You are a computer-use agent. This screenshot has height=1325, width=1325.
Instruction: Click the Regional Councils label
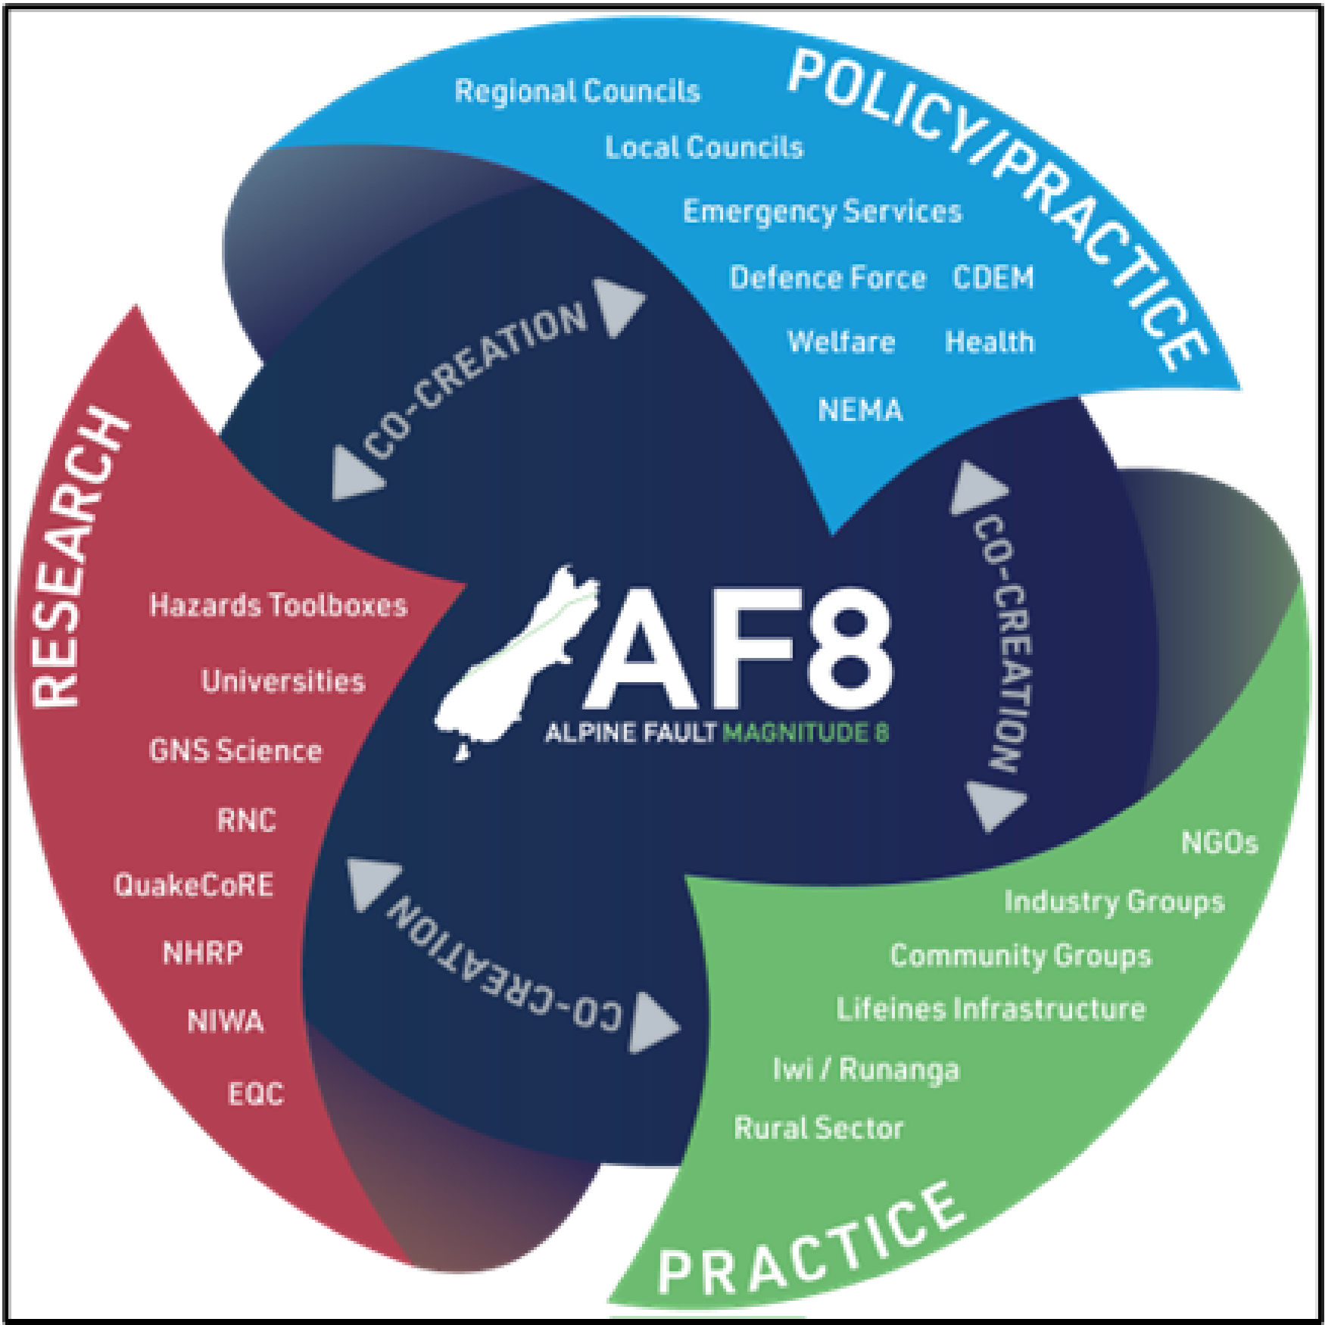pos(577,92)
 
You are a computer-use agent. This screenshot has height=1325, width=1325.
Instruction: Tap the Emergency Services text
pos(822,211)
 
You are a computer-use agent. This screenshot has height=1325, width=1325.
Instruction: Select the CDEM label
pos(993,278)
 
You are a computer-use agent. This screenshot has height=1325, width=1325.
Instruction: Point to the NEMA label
pos(860,410)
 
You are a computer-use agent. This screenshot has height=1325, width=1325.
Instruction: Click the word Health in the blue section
pos(989,342)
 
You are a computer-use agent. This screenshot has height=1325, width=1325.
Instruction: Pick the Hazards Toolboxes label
pos(278,606)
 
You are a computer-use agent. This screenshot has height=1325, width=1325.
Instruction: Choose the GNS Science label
pos(235,751)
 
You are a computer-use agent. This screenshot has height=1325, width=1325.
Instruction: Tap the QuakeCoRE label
pos(193,885)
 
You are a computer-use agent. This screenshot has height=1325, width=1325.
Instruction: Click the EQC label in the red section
pos(256,1094)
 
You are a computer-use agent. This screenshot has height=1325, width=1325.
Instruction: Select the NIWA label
pos(225,1021)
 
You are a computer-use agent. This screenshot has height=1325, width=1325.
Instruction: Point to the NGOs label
pos(1219,843)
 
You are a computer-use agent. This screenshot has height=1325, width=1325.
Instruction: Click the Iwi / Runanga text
pos(865,1070)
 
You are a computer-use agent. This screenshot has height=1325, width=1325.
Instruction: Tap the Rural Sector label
pos(818,1128)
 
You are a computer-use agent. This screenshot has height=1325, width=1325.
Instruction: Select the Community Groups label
pos(1020,956)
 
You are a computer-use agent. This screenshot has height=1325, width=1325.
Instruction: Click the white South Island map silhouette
pos(515,666)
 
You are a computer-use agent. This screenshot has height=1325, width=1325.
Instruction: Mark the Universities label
pos(283,681)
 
